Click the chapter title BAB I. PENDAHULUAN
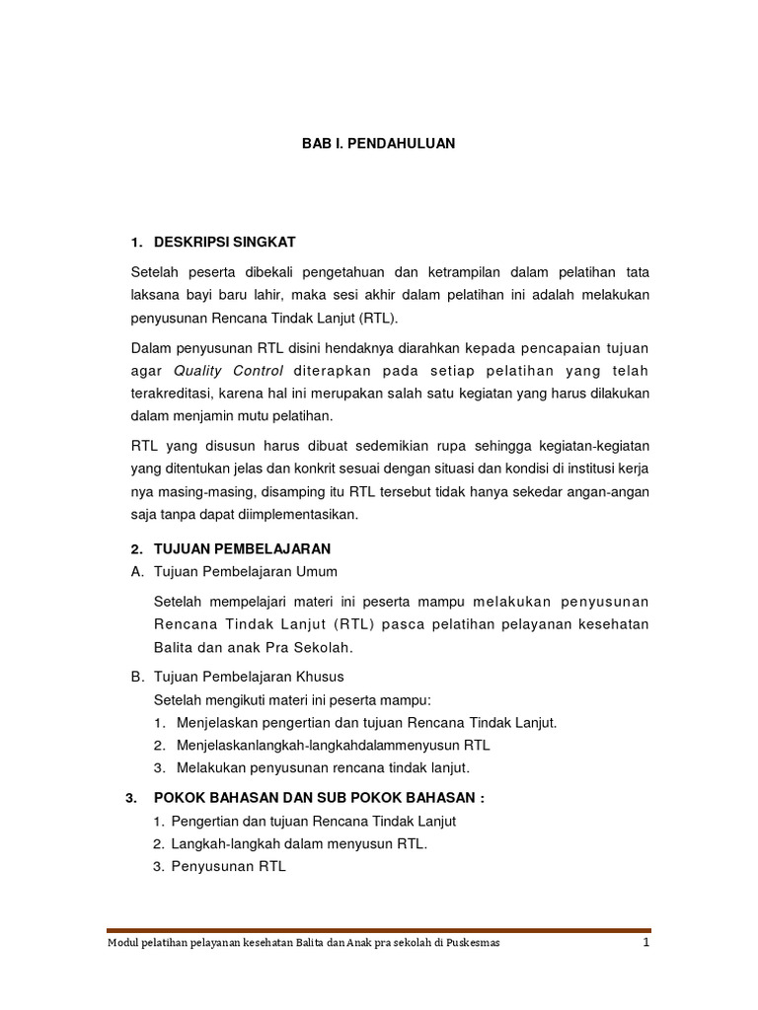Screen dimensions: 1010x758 point(378,143)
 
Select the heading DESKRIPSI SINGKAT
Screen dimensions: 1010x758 point(224,242)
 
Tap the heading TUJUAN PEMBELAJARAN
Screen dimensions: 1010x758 point(242,548)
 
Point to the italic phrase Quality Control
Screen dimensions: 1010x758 point(228,371)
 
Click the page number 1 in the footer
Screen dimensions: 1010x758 point(645,943)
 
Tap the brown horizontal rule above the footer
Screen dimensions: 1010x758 point(378,930)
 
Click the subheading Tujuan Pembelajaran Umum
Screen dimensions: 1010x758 point(246,571)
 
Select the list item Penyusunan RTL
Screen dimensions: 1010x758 point(229,867)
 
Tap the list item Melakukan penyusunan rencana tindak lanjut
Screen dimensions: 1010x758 point(323,767)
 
